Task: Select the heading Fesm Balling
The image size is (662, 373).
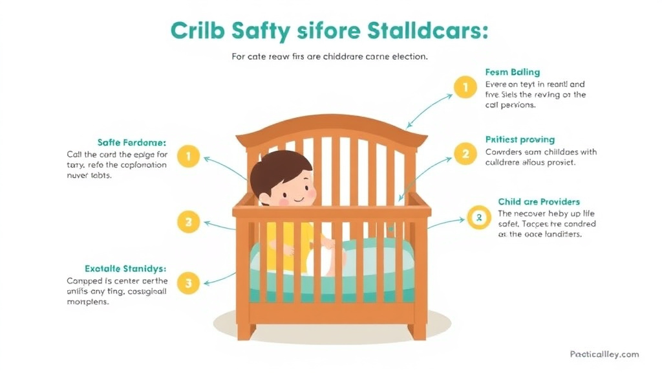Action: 512,72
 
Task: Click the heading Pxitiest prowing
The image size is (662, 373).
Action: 520,139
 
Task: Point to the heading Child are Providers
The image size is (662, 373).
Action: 539,202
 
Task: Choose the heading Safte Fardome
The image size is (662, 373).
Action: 131,142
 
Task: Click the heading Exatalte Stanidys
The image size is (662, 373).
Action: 125,268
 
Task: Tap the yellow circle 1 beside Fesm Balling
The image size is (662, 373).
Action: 465,87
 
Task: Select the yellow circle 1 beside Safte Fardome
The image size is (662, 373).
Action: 188,157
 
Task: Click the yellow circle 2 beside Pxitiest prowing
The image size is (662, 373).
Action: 465,154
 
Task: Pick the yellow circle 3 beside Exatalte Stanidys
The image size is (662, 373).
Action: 188,282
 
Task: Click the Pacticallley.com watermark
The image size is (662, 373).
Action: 604,354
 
